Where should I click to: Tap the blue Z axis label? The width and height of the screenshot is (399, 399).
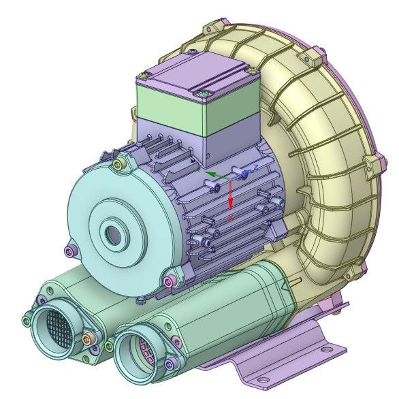point(256,166)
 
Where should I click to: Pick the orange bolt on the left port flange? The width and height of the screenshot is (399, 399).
point(86,338)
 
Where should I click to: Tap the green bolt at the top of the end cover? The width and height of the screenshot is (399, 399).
point(121,163)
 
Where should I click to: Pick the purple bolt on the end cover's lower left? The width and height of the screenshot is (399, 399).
point(68,251)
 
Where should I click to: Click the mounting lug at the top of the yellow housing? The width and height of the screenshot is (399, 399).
point(214,28)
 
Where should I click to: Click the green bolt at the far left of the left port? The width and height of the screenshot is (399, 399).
point(27,319)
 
